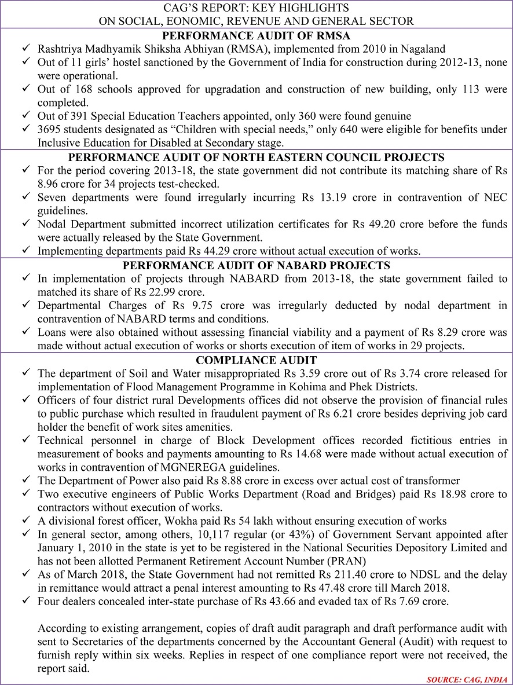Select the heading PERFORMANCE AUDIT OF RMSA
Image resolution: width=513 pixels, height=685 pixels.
tap(256, 35)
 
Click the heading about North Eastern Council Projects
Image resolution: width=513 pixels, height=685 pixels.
tap(256, 157)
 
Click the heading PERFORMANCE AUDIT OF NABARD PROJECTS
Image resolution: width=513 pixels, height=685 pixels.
tap(256, 265)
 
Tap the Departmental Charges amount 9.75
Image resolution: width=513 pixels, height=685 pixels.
tap(171, 305)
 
